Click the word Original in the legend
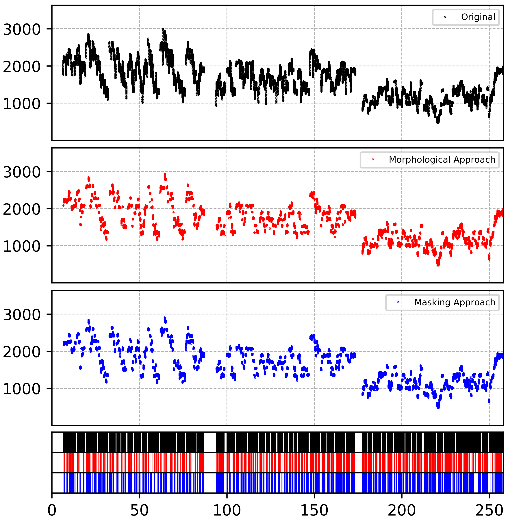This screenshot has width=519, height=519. [478, 17]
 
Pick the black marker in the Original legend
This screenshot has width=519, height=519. [445, 17]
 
